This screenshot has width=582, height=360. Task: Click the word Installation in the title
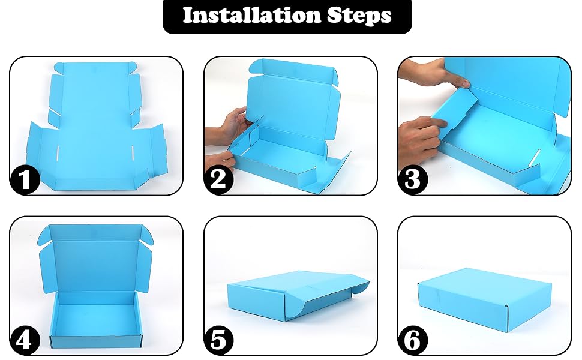(x=251, y=15)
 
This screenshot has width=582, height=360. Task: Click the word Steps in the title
(x=359, y=16)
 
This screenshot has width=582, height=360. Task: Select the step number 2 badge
(x=218, y=179)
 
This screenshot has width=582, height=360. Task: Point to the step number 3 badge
(x=412, y=179)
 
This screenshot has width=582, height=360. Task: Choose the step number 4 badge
(x=25, y=340)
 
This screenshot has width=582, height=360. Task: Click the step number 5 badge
(x=218, y=340)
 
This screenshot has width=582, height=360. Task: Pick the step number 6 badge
(x=412, y=340)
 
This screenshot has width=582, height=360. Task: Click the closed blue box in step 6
(x=485, y=299)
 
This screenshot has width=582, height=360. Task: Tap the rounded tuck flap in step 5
(x=310, y=305)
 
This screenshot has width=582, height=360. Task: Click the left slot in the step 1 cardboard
(x=58, y=153)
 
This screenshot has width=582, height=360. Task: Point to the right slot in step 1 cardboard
(x=133, y=153)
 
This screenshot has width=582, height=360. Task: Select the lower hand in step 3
(x=419, y=141)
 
